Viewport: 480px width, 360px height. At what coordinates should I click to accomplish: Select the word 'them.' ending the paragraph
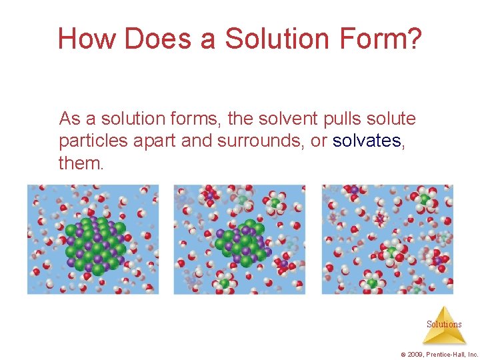tap(81, 163)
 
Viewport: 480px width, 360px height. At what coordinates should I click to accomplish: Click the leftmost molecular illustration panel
tap(93, 239)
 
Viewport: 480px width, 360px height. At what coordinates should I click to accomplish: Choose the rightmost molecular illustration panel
tap(387, 239)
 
